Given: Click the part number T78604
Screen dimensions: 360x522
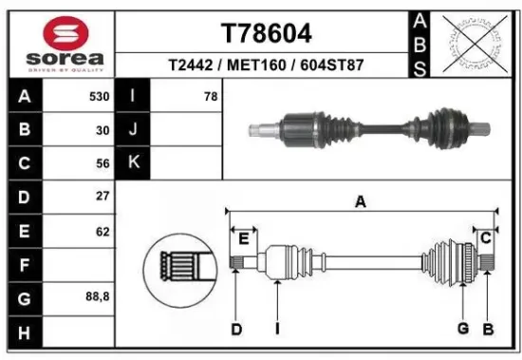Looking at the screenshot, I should point(266,33).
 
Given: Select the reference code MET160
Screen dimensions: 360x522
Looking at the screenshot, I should point(266,66).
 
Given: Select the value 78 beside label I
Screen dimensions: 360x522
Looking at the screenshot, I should point(210,97).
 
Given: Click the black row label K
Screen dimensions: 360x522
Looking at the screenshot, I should point(133,162).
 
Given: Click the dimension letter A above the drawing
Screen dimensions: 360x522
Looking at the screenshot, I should point(361,201).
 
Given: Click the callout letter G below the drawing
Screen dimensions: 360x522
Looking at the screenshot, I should point(463,329).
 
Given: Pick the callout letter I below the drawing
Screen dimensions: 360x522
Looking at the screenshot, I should point(276,329).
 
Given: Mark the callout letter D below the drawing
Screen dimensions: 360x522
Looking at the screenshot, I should point(235,329).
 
